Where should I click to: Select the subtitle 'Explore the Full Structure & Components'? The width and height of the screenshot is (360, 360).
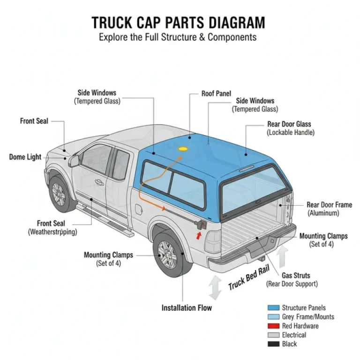[178, 37]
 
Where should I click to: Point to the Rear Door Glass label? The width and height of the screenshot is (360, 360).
[289, 124]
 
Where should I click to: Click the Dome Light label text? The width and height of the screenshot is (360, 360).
[25, 157]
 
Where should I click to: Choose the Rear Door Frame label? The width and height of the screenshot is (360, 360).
[329, 205]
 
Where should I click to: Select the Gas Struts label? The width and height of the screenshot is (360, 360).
[295, 276]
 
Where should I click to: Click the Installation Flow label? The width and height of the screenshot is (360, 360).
[187, 308]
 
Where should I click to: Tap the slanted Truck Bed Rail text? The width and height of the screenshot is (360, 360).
[249, 280]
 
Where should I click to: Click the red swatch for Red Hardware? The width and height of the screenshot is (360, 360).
[273, 326]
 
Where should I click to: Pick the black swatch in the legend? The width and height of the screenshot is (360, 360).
[273, 344]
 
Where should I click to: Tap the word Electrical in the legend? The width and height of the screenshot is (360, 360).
[294, 335]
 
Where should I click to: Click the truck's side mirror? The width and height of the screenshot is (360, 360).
[74, 161]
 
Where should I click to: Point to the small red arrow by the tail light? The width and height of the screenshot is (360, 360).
[199, 235]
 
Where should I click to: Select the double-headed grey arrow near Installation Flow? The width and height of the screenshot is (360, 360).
[215, 287]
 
